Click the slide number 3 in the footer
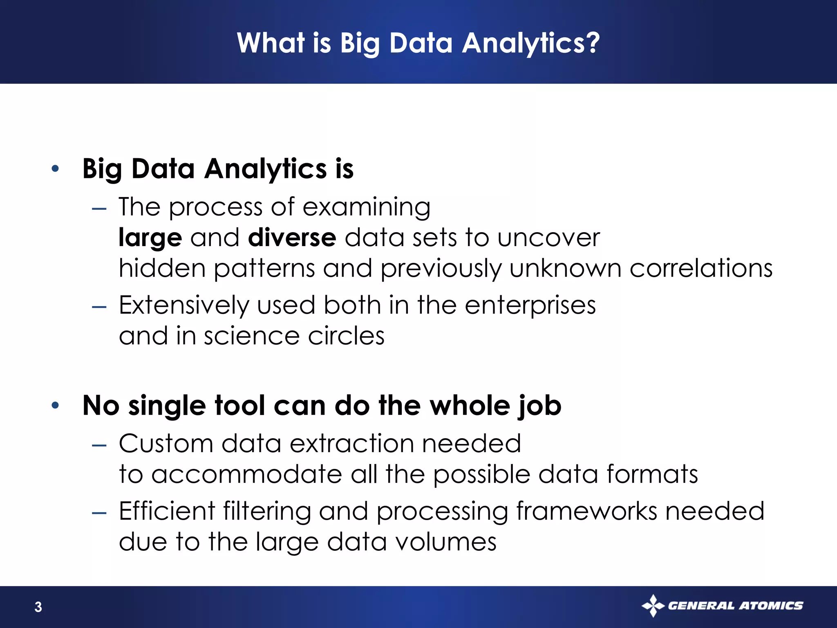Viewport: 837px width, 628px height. (x=38, y=607)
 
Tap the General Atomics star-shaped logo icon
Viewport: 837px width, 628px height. (x=653, y=606)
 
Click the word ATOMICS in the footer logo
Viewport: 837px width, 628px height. (x=771, y=606)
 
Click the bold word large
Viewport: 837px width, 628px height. (x=150, y=238)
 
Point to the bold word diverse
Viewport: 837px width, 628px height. (x=292, y=238)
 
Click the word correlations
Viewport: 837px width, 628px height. (x=701, y=269)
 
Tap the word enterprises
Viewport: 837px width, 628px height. (x=530, y=306)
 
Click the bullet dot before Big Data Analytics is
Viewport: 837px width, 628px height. (x=56, y=168)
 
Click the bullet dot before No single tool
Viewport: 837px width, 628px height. (x=56, y=405)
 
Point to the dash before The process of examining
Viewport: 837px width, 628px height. (x=99, y=209)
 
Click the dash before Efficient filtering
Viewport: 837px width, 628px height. (x=99, y=513)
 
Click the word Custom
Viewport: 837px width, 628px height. (x=166, y=444)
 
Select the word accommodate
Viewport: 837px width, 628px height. (x=246, y=475)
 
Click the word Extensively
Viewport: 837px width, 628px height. (x=184, y=306)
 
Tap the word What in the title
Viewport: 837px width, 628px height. (x=271, y=43)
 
